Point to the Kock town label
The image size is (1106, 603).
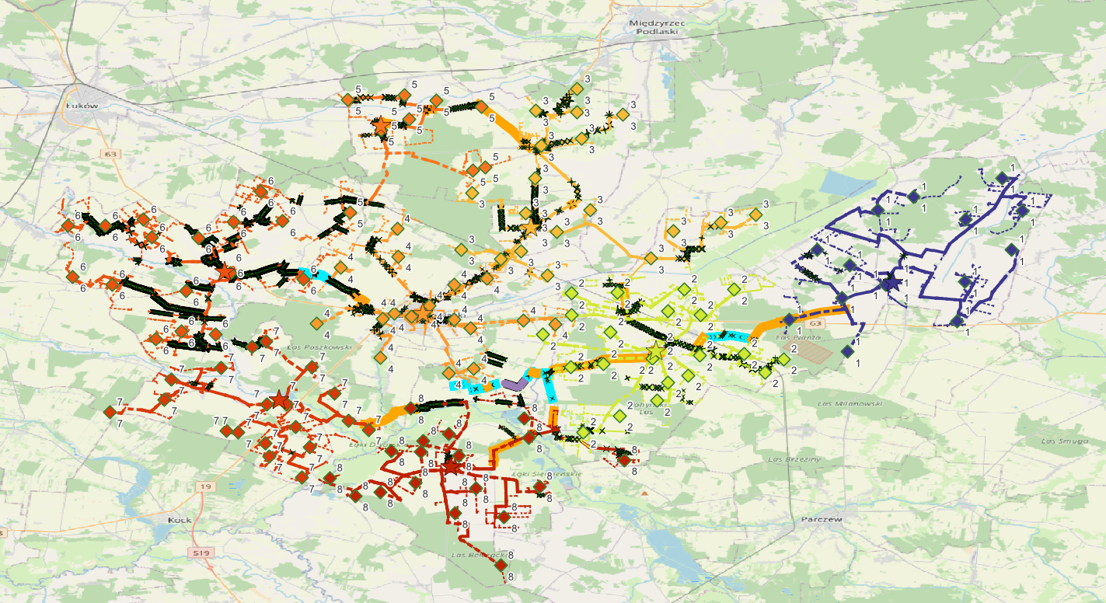tap(180, 520)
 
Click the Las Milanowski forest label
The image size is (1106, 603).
tap(851, 403)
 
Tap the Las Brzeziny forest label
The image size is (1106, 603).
tap(794, 459)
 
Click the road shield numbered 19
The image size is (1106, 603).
tap(204, 486)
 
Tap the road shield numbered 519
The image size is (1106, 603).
tap(201, 552)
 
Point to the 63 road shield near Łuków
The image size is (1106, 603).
tap(110, 155)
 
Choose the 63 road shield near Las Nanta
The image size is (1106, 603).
tap(815, 322)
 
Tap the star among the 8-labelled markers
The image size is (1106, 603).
tap(452, 465)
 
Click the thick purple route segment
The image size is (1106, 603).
tap(514, 384)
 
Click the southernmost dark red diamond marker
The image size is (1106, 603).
tap(500, 566)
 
